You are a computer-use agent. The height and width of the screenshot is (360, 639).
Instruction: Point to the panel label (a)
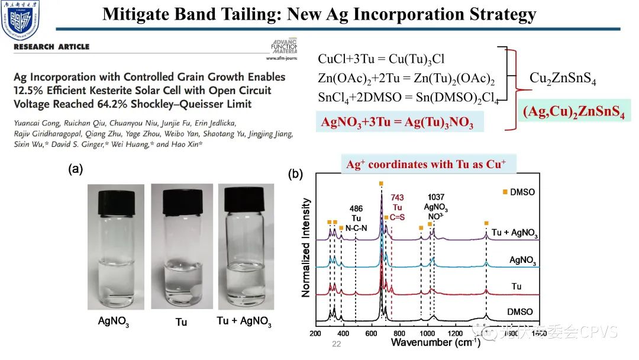[75, 169]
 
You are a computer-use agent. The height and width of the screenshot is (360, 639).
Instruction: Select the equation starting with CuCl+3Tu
[381, 59]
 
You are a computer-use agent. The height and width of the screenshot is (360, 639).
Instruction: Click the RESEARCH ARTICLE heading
[51, 47]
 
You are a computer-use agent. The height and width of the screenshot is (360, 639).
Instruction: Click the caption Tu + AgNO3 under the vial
[244, 322]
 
